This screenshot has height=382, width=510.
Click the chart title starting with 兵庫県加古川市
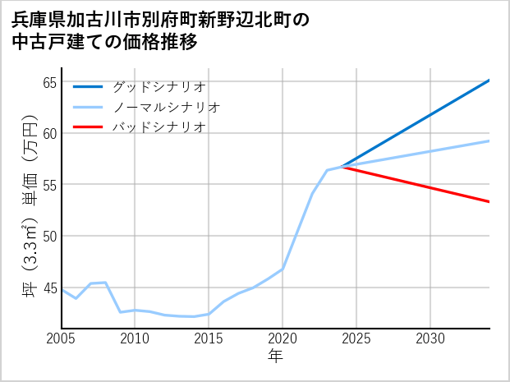tap(161, 30)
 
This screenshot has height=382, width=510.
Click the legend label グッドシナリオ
tap(159, 86)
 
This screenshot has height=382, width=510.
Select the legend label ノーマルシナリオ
tap(166, 107)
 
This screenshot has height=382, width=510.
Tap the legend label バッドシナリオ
tap(159, 127)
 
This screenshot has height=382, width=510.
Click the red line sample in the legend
tap(88, 127)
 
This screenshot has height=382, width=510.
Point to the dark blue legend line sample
tap(88, 86)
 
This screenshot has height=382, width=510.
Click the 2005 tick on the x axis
tap(62, 338)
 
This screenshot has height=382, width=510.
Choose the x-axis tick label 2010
tap(135, 338)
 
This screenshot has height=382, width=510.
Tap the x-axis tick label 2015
tap(209, 338)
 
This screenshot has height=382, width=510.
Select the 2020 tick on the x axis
tap(283, 338)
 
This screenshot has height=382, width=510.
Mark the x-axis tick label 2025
tap(356, 338)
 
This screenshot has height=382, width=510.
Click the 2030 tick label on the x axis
tap(430, 338)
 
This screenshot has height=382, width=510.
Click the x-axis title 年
tap(275, 357)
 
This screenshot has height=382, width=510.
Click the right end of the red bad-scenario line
tap(489, 201)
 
